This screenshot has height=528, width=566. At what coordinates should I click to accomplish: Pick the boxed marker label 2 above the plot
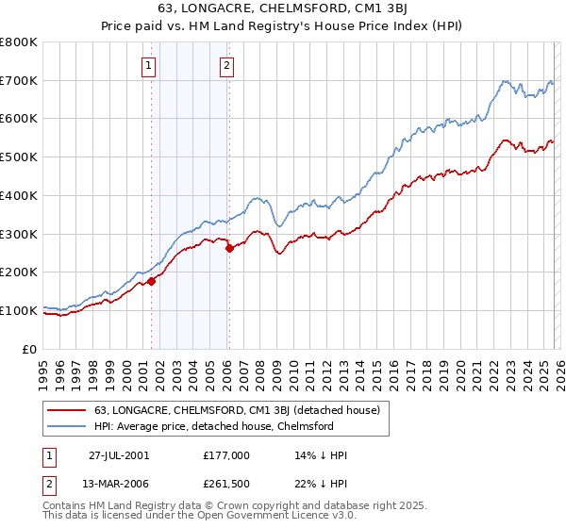(x=228, y=65)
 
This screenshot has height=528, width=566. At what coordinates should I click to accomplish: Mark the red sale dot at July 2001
(x=151, y=281)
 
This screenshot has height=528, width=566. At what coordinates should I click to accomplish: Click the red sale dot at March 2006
(x=229, y=249)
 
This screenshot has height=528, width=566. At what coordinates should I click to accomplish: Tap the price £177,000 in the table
(x=226, y=454)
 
